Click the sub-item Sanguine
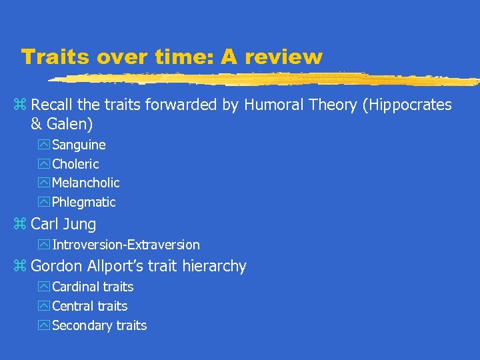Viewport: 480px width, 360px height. (x=79, y=145)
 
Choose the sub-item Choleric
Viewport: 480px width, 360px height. (x=75, y=164)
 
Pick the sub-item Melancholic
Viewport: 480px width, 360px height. (x=86, y=183)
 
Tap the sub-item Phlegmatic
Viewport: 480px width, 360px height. (x=84, y=202)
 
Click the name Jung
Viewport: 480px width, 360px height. (x=80, y=224)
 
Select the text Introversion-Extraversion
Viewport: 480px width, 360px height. (x=126, y=245)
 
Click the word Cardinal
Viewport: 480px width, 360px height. (x=75, y=287)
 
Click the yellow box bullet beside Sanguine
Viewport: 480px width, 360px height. (x=45, y=145)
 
